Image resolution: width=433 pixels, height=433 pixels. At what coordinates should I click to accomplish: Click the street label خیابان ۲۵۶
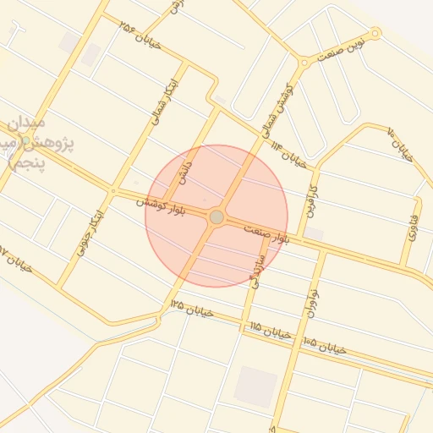140,36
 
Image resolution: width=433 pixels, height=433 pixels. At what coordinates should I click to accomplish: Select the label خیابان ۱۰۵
325,346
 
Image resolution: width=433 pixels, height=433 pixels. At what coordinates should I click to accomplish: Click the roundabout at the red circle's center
216,217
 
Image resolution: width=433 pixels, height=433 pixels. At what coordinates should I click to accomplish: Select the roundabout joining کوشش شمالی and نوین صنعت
304,62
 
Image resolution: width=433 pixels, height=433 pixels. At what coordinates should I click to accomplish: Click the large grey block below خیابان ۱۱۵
255,386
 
